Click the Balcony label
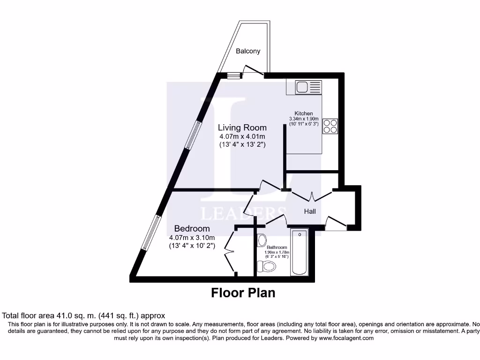click(x=248, y=51)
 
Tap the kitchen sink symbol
click(x=308, y=87)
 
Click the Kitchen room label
click(x=303, y=113)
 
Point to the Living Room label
click(x=242, y=127)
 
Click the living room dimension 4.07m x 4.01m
click(x=242, y=136)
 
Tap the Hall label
click(x=310, y=211)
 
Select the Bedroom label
click(x=192, y=228)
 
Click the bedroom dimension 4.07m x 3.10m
click(x=192, y=237)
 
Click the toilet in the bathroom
click(x=268, y=267)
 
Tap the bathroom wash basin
click(x=261, y=239)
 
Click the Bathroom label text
click(x=277, y=247)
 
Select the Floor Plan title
click(x=243, y=293)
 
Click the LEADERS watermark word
click(x=243, y=213)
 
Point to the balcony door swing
click(x=253, y=69)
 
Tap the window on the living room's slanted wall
click(x=192, y=135)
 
